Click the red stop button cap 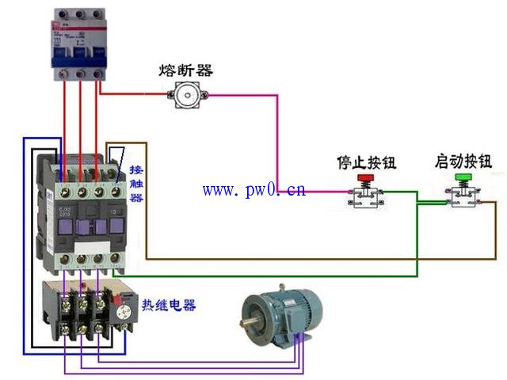tap(365, 180)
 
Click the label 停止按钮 tap(366, 163)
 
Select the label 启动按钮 tap(463, 161)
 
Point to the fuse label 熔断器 tap(186, 70)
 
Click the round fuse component tap(187, 95)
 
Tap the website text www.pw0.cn tap(253, 190)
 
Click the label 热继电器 tap(169, 305)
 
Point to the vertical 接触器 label tap(136, 184)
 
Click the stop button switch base tap(365, 199)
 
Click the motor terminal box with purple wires tap(299, 341)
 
